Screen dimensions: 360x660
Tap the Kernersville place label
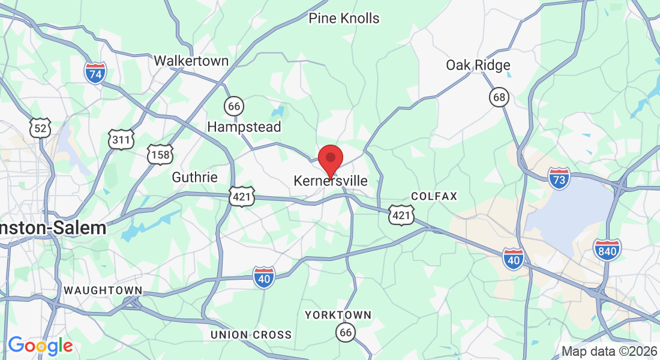[x=331, y=180]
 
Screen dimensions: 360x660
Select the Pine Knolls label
[x=344, y=18]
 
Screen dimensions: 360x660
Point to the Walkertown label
[x=191, y=61]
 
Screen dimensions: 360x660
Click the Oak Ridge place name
[x=478, y=65]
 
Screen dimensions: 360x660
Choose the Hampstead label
[x=244, y=127]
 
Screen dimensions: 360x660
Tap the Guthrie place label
[x=194, y=177]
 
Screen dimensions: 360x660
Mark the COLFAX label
[x=434, y=196]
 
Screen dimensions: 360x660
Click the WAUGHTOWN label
[x=103, y=290]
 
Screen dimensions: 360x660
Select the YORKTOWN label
[x=338, y=315]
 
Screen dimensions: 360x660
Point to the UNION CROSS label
[x=251, y=335]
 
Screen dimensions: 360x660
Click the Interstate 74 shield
[x=95, y=72]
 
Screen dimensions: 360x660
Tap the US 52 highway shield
[x=41, y=127]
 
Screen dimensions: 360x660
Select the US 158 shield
[x=160, y=154]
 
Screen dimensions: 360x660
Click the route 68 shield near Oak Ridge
[x=499, y=97]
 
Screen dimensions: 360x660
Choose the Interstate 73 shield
[x=559, y=178]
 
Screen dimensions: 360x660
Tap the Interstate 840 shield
[x=607, y=249]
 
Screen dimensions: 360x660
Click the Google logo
[x=40, y=346]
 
